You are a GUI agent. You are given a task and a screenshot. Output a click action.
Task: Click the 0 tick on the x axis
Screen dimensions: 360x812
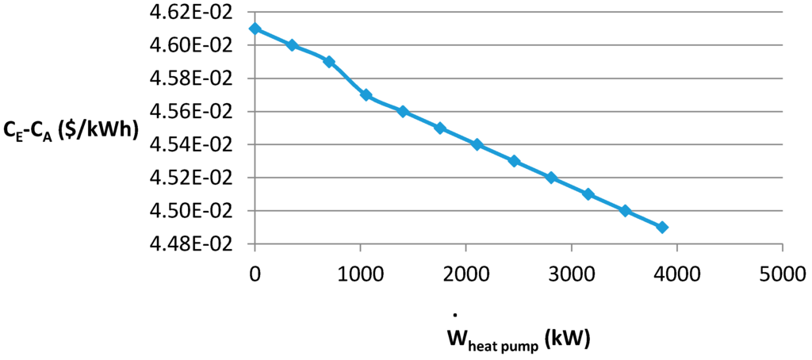255,274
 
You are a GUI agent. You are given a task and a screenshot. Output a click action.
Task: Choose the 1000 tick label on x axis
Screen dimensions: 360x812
360,274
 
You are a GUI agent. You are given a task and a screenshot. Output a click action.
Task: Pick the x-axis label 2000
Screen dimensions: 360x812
465,274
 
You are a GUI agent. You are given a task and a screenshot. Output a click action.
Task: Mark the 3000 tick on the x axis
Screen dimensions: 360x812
571,274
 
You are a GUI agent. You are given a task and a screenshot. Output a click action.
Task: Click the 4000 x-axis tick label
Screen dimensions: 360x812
676,274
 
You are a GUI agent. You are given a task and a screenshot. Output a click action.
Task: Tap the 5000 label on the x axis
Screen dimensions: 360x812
782,274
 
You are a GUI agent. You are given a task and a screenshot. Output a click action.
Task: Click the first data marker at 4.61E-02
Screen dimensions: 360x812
255,29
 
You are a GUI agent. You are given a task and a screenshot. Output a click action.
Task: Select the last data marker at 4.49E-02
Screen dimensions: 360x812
662,227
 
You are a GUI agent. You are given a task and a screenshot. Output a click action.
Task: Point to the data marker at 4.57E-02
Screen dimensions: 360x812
366,94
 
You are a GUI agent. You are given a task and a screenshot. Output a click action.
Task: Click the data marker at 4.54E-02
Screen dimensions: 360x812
477,144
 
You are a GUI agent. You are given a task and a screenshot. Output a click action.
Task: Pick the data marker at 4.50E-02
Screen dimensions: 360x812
625,210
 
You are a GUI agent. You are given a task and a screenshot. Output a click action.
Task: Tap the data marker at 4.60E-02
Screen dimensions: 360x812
292,45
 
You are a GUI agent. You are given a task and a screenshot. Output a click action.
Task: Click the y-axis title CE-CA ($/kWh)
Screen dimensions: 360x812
70,128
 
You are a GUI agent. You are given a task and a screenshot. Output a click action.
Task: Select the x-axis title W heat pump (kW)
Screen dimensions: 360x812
519,339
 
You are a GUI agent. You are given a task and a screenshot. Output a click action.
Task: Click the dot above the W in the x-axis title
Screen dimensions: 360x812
455,315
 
